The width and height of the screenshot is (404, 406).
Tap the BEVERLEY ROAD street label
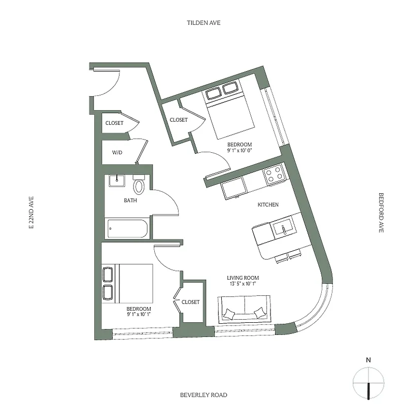click(203, 395)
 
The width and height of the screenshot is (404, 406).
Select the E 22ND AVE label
click(31, 214)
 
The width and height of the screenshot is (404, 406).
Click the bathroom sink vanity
click(118, 181)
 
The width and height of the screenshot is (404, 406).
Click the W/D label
click(117, 152)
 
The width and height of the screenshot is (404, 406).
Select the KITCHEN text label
click(268, 205)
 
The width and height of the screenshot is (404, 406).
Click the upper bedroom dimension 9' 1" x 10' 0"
click(240, 151)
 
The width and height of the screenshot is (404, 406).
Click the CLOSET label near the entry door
click(114, 123)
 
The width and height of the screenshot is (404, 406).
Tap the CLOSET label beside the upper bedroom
click(178, 120)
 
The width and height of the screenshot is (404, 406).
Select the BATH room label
click(130, 200)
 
